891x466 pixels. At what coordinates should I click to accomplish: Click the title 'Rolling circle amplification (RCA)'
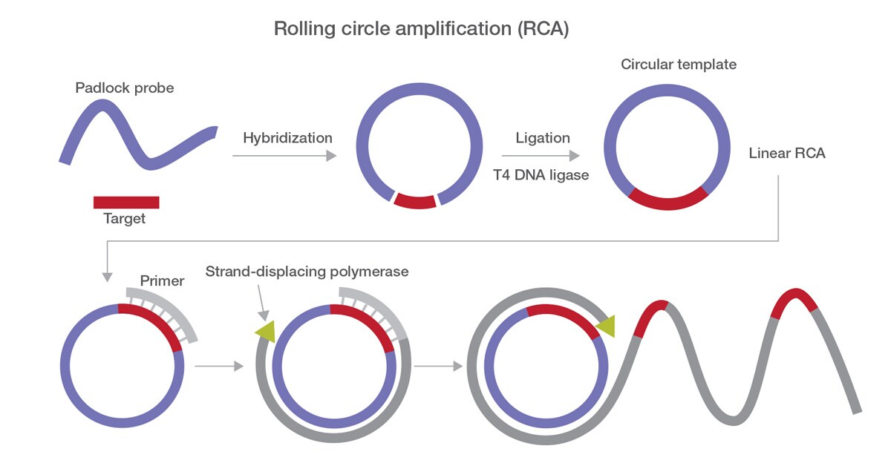pyautogui.click(x=421, y=29)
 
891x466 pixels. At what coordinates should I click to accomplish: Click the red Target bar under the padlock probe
pyautogui.click(x=126, y=202)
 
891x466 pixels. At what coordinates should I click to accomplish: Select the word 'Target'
pyautogui.click(x=124, y=219)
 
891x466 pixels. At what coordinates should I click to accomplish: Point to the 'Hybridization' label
pyautogui.click(x=287, y=138)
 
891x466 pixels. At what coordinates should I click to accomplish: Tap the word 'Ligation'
pyautogui.click(x=543, y=138)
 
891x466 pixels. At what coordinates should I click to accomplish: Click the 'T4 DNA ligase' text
pyautogui.click(x=543, y=175)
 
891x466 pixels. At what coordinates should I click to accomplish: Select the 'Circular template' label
pyautogui.click(x=679, y=65)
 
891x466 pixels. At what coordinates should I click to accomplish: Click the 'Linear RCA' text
pyautogui.click(x=787, y=154)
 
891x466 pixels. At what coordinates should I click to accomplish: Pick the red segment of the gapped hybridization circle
pyautogui.click(x=414, y=200)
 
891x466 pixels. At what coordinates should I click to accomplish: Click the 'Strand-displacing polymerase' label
pyautogui.click(x=307, y=272)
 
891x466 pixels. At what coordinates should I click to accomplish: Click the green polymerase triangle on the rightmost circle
pyautogui.click(x=606, y=325)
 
